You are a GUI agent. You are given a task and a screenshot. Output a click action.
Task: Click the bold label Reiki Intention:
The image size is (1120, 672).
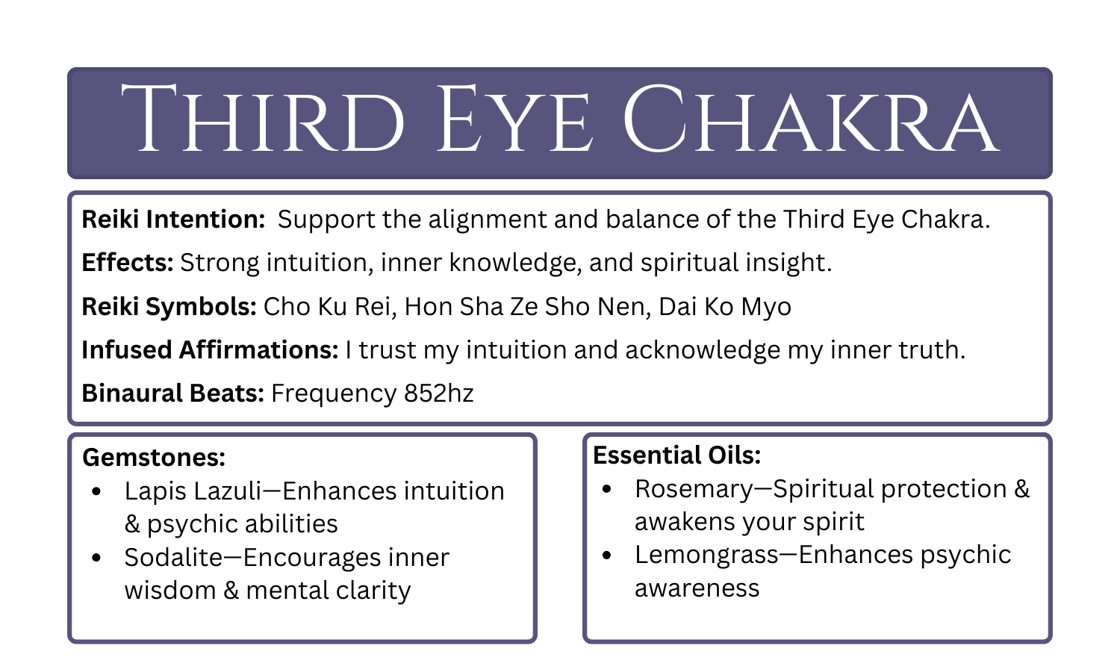[173, 220]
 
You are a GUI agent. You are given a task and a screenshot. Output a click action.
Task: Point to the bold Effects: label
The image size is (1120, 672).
[128, 263]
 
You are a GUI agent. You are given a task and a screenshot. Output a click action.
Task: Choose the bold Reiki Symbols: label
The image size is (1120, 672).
[169, 307]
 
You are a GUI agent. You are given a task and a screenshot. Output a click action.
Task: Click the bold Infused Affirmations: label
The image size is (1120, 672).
[210, 350]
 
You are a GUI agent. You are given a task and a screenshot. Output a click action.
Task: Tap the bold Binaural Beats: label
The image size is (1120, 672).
[172, 393]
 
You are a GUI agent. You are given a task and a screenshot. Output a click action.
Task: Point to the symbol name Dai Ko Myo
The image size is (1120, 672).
[724, 307]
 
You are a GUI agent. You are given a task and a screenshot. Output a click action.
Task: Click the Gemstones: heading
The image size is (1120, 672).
[154, 457]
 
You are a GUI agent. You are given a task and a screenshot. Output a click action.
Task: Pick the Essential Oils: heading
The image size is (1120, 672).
[676, 455]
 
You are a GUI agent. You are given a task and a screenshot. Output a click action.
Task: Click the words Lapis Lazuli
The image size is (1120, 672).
[193, 491]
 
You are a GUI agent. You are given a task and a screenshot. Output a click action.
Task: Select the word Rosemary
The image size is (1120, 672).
[694, 489]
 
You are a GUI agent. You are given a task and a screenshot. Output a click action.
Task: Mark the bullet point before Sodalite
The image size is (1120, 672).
[96, 558]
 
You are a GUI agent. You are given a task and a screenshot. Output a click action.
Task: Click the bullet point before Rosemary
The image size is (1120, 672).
[606, 489]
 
